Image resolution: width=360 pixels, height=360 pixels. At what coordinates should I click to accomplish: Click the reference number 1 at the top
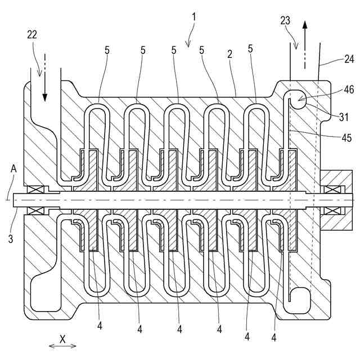tap(193, 17)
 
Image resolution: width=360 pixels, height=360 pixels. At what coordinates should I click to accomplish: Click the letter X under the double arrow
tap(63, 339)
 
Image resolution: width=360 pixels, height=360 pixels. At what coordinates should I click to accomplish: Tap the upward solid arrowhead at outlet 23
tap(305, 24)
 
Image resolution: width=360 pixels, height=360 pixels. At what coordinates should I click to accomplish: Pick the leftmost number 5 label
tap(106, 50)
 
